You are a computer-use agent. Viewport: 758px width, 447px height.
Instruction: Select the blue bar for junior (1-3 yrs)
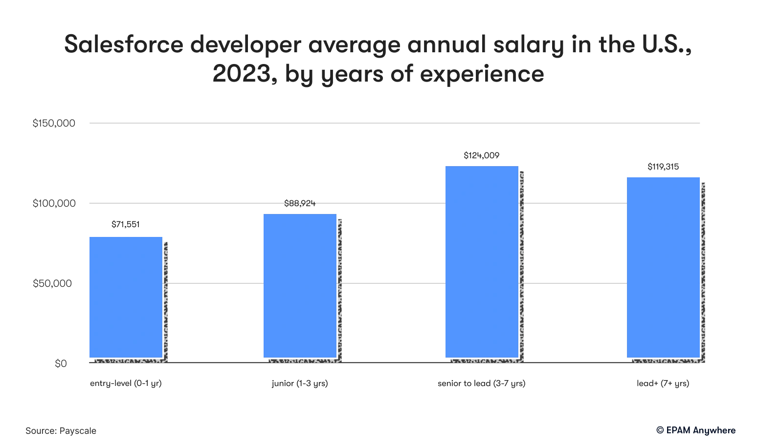(x=300, y=286)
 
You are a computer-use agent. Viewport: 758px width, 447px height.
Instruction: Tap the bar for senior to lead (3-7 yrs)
(x=482, y=262)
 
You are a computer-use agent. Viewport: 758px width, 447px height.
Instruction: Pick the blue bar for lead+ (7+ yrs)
(x=663, y=267)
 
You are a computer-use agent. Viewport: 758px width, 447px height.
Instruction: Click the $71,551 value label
(x=126, y=224)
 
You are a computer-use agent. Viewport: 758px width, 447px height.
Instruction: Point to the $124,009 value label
(x=482, y=155)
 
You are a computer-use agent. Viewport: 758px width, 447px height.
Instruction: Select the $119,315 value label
(x=663, y=167)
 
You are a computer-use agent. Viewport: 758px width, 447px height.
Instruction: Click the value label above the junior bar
(x=300, y=203)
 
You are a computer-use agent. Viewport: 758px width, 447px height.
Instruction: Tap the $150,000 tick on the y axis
(x=54, y=123)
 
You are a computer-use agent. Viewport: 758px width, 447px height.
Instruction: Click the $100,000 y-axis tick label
(x=54, y=203)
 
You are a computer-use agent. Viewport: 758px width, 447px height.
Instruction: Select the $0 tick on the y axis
(x=61, y=363)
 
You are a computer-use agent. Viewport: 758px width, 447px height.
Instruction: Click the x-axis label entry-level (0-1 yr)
(x=126, y=383)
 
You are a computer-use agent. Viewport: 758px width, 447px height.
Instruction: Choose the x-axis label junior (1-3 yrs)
(x=300, y=383)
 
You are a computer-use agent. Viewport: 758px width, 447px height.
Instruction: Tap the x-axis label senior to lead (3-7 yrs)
(x=482, y=383)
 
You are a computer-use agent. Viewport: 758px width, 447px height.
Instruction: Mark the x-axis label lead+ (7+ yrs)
(x=663, y=383)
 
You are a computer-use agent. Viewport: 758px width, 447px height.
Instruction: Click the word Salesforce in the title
(x=123, y=44)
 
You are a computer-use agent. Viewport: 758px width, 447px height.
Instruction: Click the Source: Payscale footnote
(x=61, y=431)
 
